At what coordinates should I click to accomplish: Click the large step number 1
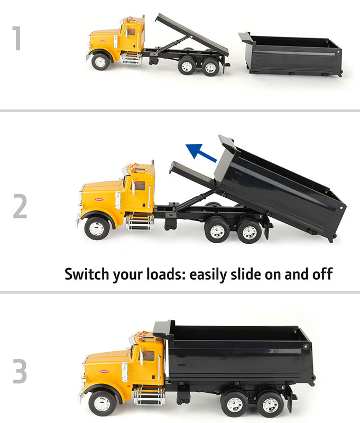17,38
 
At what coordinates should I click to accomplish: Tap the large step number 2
20,206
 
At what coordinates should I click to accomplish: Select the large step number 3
20,371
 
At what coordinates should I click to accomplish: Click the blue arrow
201,153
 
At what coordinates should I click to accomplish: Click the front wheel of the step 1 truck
100,62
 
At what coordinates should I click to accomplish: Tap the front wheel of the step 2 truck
97,228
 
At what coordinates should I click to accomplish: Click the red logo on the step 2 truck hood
99,199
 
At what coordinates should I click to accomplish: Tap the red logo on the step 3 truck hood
104,372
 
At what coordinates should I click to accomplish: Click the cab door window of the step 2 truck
140,186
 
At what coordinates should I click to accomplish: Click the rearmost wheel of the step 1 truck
210,67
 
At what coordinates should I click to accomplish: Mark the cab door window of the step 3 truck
149,356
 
